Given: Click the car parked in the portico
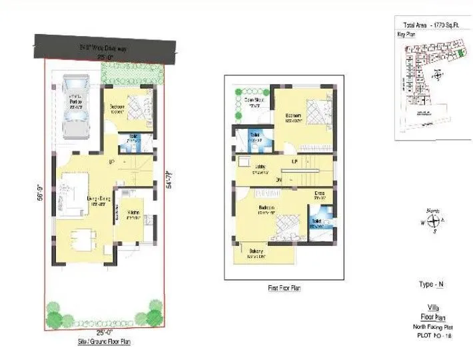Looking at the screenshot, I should tap(75, 106).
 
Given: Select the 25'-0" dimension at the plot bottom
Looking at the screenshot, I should tap(104, 331).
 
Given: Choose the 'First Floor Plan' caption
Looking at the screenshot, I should tap(283, 288).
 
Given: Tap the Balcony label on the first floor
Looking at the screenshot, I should tap(258, 252).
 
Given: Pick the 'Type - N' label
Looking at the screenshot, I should tap(431, 284).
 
